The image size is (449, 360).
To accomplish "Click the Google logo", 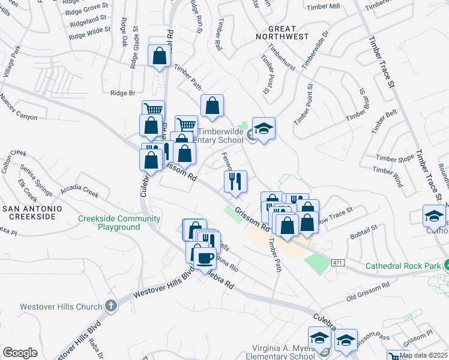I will [x=20, y=353].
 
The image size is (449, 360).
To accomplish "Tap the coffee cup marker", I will [x=205, y=258].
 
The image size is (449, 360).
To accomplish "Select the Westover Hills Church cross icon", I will [x=110, y=307].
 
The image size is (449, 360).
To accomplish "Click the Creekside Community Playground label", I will [x=109, y=223].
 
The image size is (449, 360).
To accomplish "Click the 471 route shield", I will [x=337, y=262].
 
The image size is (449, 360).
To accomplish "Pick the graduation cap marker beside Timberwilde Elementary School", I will [x=263, y=128].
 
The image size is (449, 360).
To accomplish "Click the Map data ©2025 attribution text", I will [x=423, y=355].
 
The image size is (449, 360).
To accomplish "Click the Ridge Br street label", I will [x=123, y=92].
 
